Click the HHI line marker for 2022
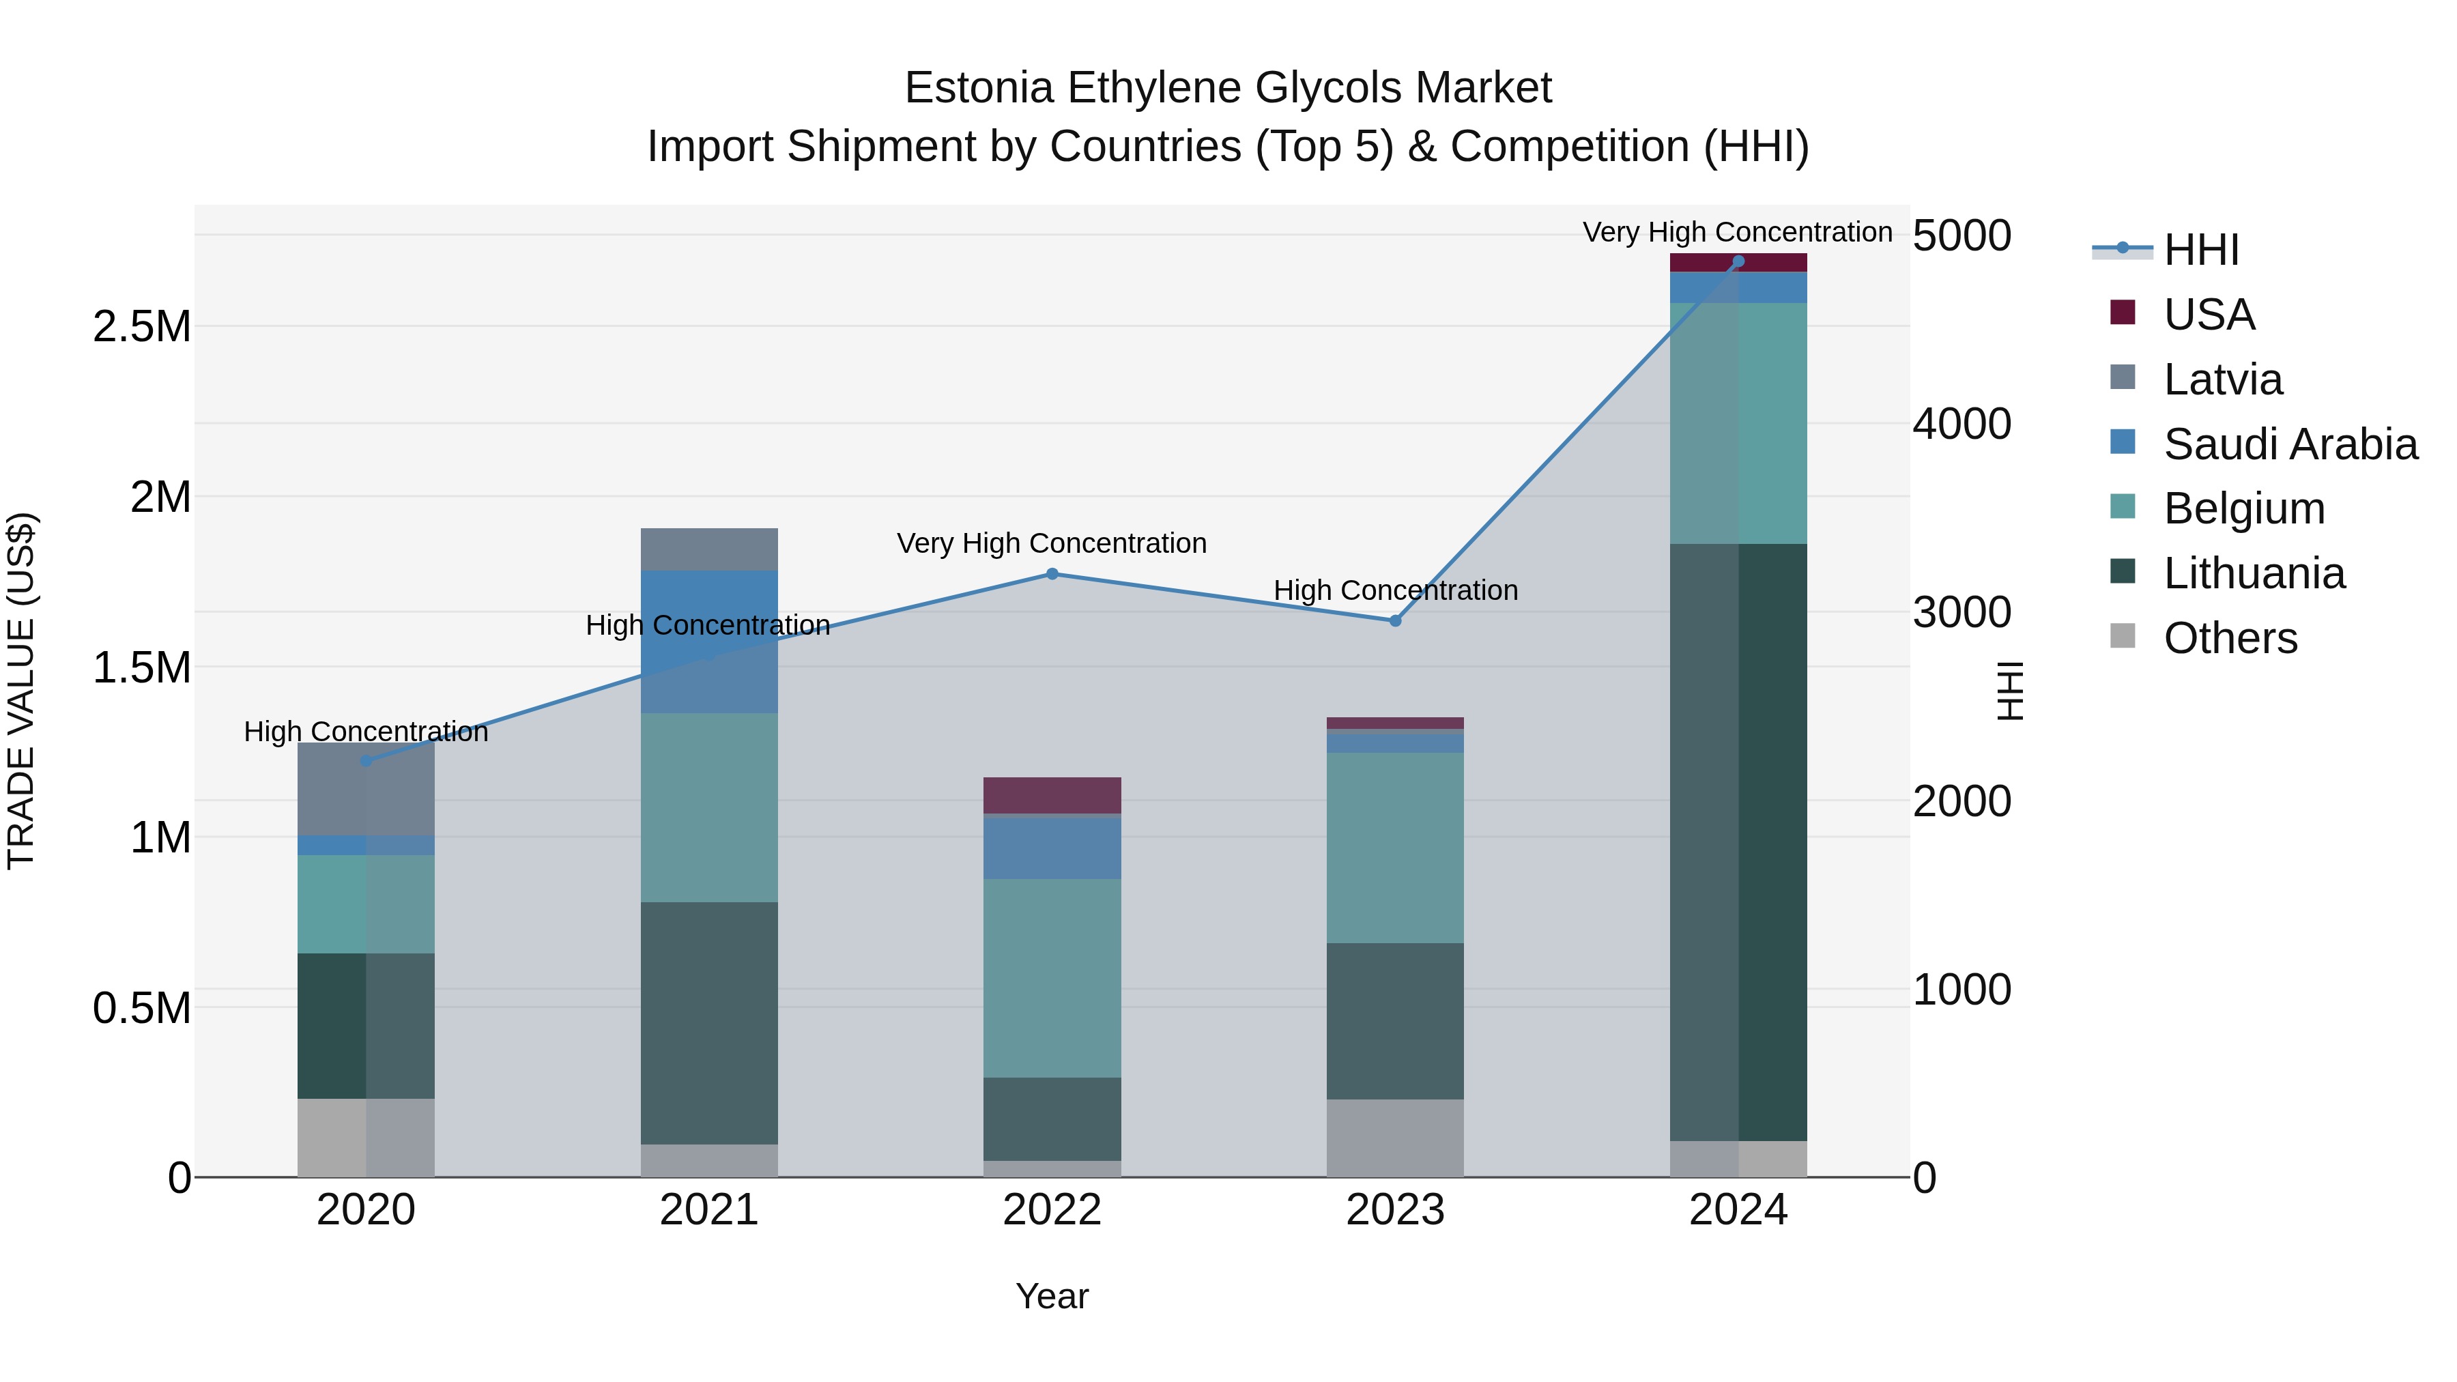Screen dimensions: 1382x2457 point(1052,574)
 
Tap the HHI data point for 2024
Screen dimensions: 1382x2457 point(1738,261)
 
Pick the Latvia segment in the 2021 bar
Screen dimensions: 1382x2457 point(708,549)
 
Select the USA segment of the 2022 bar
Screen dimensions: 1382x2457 point(1052,796)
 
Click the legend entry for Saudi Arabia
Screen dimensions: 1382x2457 point(2289,444)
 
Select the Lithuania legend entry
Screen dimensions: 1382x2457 point(2253,573)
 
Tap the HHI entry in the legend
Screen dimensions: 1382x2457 point(2200,250)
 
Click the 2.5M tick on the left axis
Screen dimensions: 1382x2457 point(141,327)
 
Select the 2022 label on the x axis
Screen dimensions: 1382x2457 point(1052,1210)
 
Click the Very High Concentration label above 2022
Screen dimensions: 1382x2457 point(1051,544)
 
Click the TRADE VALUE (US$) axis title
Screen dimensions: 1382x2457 point(21,691)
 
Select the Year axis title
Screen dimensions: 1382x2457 point(1052,1296)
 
